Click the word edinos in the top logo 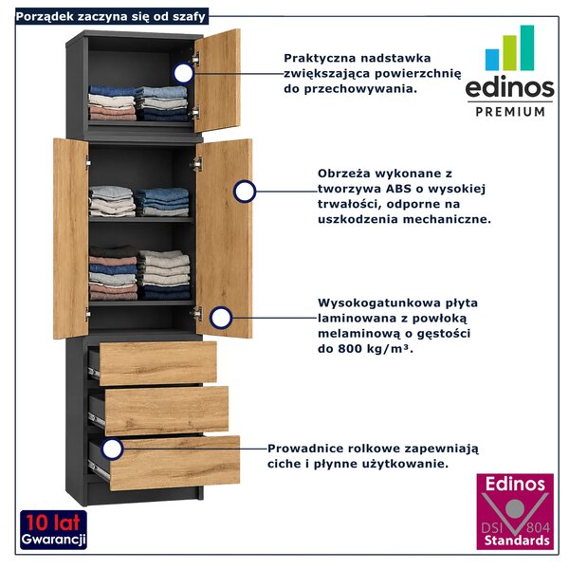coord(509,87)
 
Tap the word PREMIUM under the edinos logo coord(510,111)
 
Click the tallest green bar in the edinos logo coord(527,47)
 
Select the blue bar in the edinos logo coord(492,60)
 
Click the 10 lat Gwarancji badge coord(53,530)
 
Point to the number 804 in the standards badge coord(538,527)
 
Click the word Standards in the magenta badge coord(517,541)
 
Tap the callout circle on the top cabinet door coord(184,73)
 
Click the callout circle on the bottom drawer coord(112,449)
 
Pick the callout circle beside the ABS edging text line coord(245,191)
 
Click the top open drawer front coord(157,363)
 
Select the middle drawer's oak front coord(167,411)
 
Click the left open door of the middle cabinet coord(71,238)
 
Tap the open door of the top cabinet coord(217,81)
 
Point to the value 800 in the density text coord(351,348)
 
